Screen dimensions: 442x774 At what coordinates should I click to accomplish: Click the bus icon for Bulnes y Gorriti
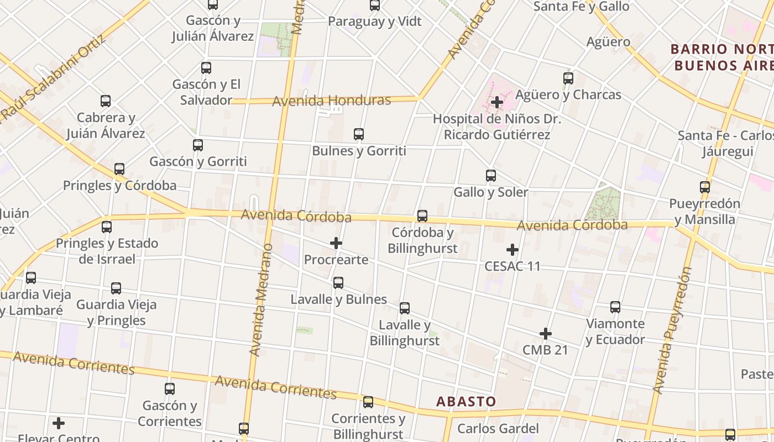pos(359,134)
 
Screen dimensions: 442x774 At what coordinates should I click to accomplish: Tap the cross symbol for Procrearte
pos(336,243)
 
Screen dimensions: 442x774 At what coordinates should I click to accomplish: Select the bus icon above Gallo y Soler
pos(491,176)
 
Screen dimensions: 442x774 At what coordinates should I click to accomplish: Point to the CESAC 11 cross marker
pos(512,250)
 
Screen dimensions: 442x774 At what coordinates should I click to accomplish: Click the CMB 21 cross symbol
pos(546,334)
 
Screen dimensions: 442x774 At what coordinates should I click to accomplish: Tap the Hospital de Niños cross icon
pos(496,102)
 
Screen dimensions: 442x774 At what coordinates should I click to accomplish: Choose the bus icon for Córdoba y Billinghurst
pos(422,216)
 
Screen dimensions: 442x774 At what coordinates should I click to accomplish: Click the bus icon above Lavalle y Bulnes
pos(338,283)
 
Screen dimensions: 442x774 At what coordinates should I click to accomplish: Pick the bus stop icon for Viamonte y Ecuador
pos(615,307)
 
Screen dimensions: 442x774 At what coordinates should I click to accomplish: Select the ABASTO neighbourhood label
pos(466,401)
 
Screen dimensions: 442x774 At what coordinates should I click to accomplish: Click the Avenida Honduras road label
pos(332,101)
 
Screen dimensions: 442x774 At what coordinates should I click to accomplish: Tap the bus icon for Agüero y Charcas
pos(568,78)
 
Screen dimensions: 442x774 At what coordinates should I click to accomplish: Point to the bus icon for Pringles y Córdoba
pos(119,169)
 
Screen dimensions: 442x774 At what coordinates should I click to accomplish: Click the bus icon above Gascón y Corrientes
pos(170,389)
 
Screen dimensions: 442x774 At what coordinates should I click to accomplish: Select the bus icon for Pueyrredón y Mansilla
pos(705,187)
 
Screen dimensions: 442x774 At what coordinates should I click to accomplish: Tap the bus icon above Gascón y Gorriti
pos(198,145)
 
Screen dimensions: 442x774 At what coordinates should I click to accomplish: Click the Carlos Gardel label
pos(498,428)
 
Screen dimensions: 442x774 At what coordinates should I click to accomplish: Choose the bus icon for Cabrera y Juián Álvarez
pos(106,101)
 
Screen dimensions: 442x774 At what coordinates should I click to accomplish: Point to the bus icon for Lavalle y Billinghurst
pos(405,308)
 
